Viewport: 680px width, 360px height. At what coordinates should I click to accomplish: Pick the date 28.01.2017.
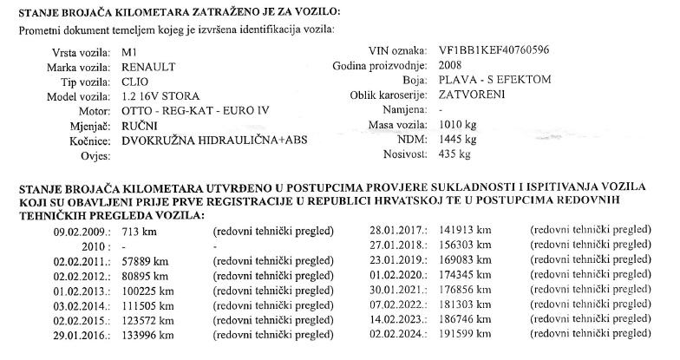tap(396, 232)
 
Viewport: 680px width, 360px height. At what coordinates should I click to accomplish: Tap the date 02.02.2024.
tap(396, 335)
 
